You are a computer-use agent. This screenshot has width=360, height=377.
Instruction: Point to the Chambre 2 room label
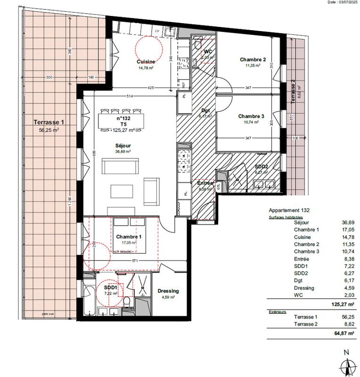coord(253,60)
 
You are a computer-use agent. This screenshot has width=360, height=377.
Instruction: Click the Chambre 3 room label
coord(251,116)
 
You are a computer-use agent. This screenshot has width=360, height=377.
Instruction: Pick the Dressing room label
coord(168,291)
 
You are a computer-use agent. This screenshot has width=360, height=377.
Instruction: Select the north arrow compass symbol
coord(347,363)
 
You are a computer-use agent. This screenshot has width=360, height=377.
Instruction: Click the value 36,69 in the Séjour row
coord(348,222)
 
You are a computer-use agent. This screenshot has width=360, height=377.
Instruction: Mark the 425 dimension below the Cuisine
coord(150,88)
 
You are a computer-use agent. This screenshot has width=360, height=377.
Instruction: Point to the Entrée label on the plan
coord(205,183)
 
